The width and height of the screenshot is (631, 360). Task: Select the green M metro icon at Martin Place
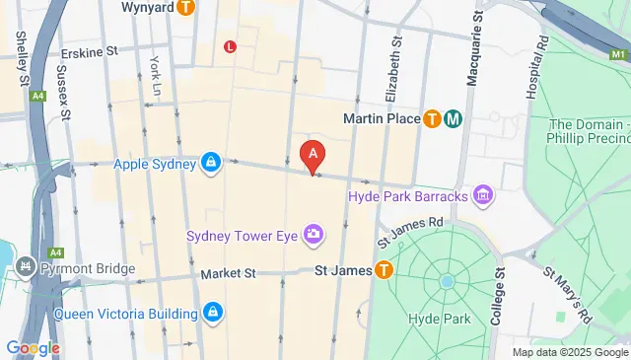point(454,119)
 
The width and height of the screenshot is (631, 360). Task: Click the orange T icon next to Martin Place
point(432,119)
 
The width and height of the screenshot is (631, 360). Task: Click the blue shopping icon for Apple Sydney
point(211,163)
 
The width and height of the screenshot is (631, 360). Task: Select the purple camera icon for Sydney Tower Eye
point(314,234)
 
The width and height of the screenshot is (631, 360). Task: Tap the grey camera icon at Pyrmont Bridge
point(23,267)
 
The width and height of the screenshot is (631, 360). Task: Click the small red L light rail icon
point(230,46)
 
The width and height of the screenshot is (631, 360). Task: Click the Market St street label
point(228,273)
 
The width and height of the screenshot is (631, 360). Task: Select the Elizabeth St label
point(396,69)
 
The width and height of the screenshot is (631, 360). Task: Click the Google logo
point(33,348)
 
